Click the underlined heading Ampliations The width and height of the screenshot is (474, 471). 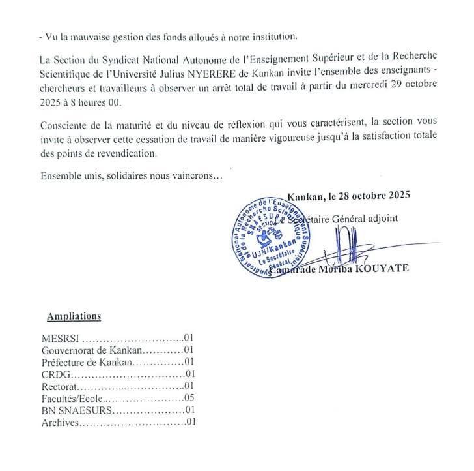(x=74, y=316)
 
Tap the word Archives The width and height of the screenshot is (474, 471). (x=59, y=422)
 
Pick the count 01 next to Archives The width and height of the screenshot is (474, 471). (x=190, y=422)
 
